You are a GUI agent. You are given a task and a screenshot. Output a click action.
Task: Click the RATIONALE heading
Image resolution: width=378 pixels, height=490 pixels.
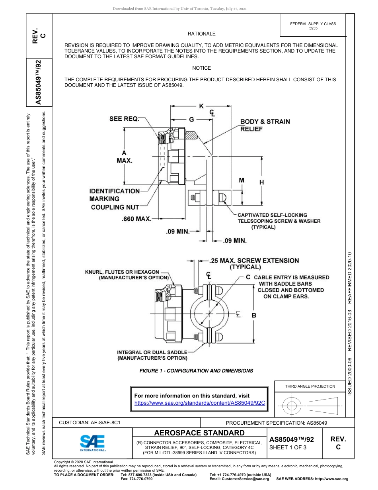[x=201, y=34]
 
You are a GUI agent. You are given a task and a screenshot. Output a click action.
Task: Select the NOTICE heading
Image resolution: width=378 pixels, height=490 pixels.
[x=201, y=68]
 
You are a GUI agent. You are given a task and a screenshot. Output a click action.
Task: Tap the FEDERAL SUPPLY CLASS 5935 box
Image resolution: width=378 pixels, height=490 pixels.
[x=313, y=26]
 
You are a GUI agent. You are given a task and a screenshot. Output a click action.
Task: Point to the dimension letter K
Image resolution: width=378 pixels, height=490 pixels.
[x=201, y=106]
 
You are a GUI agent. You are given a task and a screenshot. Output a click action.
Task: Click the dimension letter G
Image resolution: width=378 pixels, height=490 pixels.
[x=191, y=119]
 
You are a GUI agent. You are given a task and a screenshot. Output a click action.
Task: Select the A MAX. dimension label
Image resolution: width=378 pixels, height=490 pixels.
[x=124, y=157]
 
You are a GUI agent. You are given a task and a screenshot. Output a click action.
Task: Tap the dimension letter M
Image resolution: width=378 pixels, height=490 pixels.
[x=241, y=180]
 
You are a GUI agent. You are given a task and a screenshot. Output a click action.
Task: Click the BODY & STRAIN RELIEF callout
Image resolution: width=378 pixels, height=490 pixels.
[x=265, y=125]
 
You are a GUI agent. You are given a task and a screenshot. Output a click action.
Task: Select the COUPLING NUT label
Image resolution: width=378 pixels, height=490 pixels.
[x=115, y=207]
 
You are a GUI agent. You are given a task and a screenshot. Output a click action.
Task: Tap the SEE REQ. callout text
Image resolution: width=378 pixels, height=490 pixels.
[x=125, y=119]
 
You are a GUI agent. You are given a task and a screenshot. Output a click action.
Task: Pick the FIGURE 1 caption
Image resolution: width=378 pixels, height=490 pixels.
[x=196, y=370]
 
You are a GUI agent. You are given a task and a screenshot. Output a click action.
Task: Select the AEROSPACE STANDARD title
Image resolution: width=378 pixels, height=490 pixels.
[x=199, y=433]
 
